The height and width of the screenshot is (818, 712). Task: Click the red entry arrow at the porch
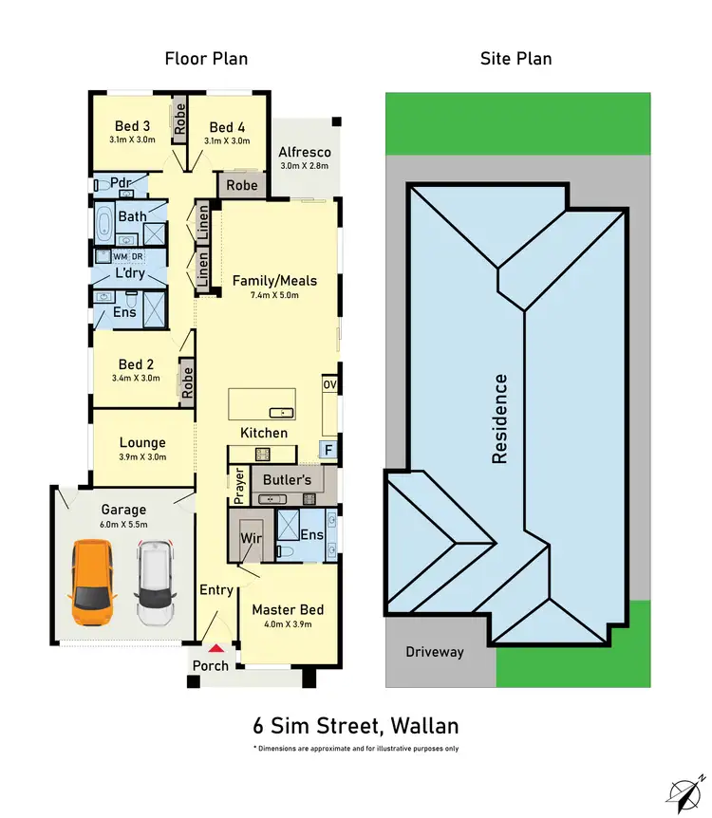pyautogui.click(x=216, y=648)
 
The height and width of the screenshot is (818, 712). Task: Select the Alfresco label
pyautogui.click(x=304, y=152)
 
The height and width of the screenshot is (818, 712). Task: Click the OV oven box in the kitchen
pyautogui.click(x=329, y=384)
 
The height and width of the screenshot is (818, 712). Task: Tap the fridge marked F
pyautogui.click(x=328, y=450)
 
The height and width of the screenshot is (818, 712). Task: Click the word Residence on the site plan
pyautogui.click(x=500, y=418)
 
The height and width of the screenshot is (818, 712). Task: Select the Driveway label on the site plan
pyautogui.click(x=435, y=652)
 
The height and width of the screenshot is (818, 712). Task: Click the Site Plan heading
pyautogui.click(x=515, y=59)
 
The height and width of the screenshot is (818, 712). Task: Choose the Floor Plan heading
pyautogui.click(x=206, y=59)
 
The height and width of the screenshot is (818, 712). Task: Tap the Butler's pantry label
pyautogui.click(x=287, y=480)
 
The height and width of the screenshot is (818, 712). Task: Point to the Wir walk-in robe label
pyautogui.click(x=251, y=538)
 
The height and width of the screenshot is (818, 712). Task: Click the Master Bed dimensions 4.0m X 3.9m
pyautogui.click(x=287, y=623)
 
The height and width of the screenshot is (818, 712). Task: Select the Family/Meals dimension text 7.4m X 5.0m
pyautogui.click(x=274, y=296)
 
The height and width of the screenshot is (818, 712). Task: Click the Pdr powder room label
pyautogui.click(x=120, y=183)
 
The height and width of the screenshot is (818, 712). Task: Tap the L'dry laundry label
pyautogui.click(x=129, y=273)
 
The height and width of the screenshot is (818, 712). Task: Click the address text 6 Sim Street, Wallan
pyautogui.click(x=356, y=727)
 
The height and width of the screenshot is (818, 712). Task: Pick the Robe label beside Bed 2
pyautogui.click(x=187, y=381)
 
